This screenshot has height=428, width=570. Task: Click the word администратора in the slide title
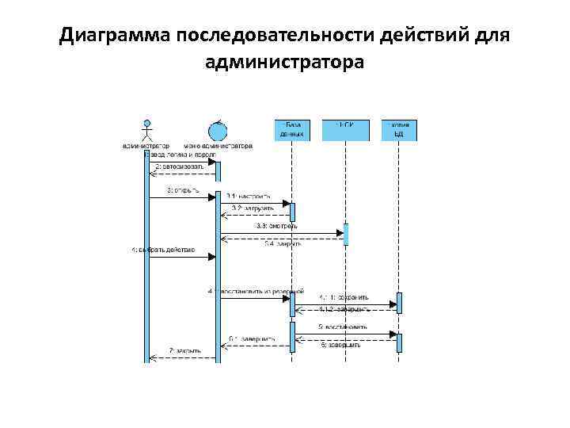coord(284,62)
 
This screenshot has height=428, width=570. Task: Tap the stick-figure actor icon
coord(146,130)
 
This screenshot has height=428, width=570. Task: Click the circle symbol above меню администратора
coord(217,129)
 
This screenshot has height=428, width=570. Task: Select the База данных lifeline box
coord(291,130)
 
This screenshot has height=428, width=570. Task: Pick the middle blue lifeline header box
coord(345,130)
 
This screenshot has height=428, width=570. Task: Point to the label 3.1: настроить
coord(248,195)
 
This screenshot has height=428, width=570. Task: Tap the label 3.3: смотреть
coord(277,226)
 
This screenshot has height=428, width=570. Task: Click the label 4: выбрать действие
coord(163,250)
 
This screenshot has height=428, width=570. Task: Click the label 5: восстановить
coord(342,327)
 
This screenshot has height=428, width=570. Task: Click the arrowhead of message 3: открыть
coord(212,197)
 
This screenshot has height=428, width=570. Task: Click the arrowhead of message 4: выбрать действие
coord(212,257)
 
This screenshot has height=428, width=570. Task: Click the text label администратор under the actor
coord(146,146)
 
